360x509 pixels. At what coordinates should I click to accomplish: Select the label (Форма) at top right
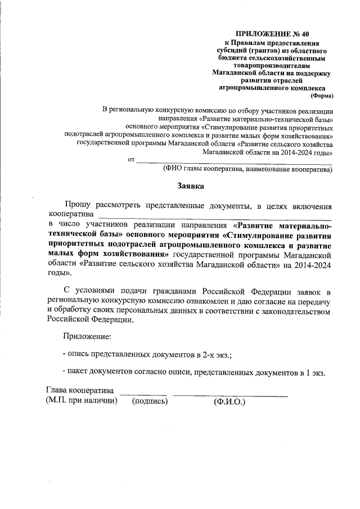point(322,96)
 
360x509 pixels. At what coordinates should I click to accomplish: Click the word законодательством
point(287,310)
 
